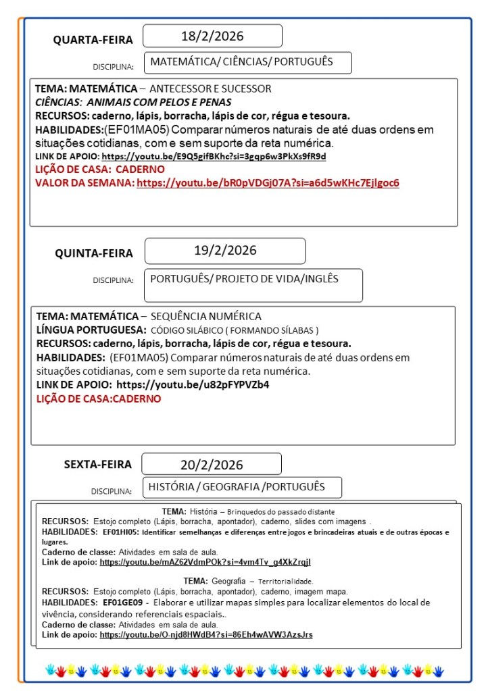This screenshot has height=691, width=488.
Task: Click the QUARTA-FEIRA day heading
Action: click(x=93, y=40)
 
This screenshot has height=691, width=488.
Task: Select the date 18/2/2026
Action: click(x=212, y=36)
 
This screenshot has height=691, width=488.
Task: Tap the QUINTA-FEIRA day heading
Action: click(x=94, y=253)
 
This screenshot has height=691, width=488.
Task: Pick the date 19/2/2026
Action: click(x=225, y=251)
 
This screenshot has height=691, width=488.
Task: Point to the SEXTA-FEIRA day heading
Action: click(x=98, y=464)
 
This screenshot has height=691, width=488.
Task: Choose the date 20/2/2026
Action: click(x=212, y=465)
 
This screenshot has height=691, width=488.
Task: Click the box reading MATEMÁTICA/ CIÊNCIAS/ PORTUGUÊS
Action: click(x=241, y=62)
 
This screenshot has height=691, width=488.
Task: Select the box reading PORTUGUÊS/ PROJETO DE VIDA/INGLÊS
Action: click(x=244, y=279)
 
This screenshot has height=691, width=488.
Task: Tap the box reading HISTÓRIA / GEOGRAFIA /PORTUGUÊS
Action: click(x=237, y=487)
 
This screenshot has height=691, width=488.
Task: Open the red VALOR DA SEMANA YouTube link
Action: click(x=268, y=183)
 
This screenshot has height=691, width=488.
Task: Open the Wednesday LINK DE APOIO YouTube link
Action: click(x=214, y=157)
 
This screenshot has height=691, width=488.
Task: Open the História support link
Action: click(x=205, y=562)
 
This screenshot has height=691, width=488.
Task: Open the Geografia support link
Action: click(x=206, y=635)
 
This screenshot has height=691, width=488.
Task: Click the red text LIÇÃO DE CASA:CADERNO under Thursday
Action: click(x=99, y=399)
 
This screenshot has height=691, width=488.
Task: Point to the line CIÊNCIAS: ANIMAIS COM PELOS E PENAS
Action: click(x=133, y=103)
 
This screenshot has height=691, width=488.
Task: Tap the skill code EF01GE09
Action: click(x=122, y=603)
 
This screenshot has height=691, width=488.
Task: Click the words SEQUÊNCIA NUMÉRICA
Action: click(x=205, y=316)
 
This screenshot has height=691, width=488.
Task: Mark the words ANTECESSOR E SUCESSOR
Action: click(x=210, y=88)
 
